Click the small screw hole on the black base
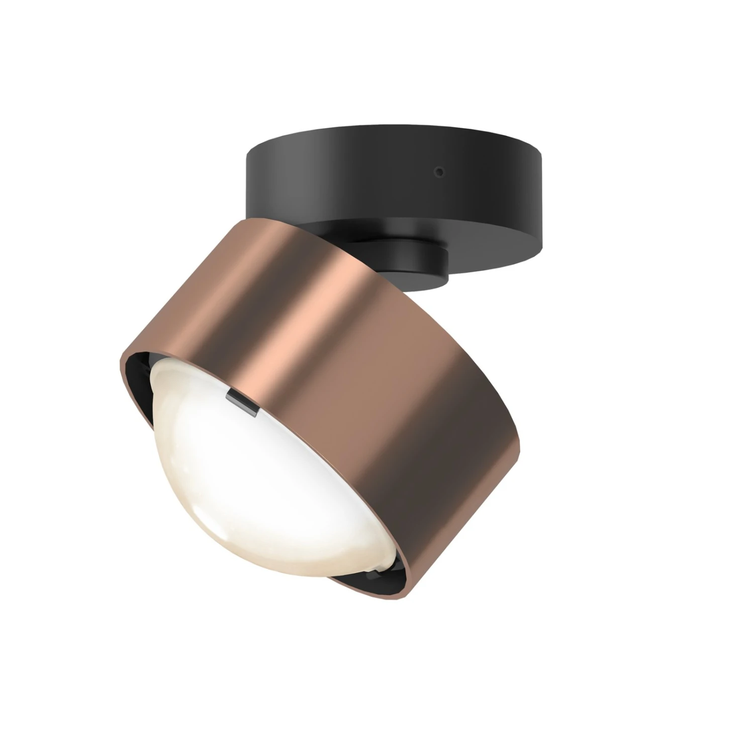coord(440,172)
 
